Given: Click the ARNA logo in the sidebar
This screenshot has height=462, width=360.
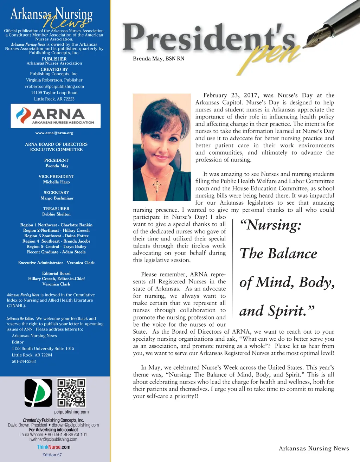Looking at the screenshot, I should point(56,116).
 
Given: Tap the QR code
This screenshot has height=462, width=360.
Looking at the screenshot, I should point(71,392).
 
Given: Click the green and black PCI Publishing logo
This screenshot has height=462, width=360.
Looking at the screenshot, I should point(38,393).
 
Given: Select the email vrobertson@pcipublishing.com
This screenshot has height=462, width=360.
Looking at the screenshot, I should point(54,86).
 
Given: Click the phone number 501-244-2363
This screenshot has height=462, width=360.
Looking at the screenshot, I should point(24,361).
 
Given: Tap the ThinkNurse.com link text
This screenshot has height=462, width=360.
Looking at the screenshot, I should point(53,447).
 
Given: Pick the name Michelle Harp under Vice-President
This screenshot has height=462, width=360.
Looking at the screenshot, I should point(56,182).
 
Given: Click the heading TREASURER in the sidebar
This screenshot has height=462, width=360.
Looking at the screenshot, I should point(56,209).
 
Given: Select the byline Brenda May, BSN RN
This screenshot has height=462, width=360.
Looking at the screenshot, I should point(159,59).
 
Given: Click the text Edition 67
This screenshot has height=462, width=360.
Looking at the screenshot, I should point(52,455).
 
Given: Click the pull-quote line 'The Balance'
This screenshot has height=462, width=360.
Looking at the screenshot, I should point(278,254).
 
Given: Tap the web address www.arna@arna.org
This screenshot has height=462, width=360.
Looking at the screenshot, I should point(54,133).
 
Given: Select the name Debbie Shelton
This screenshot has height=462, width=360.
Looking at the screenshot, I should point(56,214).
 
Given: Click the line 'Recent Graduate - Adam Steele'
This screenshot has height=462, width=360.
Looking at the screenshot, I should point(56,252).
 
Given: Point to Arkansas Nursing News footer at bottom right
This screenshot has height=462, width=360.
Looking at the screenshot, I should point(314,448).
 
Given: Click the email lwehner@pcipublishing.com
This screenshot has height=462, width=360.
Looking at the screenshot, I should point(53,439).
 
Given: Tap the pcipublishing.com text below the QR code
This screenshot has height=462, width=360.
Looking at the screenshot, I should point(71,412).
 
